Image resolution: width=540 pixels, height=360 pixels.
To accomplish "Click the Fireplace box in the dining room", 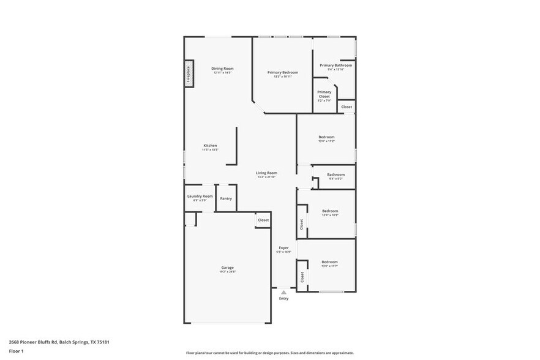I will point(189,73).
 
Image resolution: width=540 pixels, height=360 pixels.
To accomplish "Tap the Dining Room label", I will point(222,69).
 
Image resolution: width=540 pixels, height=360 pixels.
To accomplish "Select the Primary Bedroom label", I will point(282,72).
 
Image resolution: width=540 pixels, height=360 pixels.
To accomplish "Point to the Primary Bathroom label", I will point(336,65).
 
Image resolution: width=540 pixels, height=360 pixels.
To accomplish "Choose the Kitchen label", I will point(210,146).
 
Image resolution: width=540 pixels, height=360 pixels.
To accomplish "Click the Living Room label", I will point(266,173).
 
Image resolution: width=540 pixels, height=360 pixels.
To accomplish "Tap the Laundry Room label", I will point(200,196).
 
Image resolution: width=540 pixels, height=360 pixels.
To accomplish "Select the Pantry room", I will point(226,198).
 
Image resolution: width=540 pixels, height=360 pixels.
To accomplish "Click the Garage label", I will point(227,268).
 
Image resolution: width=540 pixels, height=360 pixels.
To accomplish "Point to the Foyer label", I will point(283,248).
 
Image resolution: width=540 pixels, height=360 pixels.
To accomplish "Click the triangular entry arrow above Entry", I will point(283,292).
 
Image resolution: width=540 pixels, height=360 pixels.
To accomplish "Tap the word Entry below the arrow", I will point(283,299).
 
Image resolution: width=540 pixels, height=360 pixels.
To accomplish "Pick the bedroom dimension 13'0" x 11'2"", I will point(326,141).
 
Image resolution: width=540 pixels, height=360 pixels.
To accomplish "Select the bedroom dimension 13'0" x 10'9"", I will point(330,215).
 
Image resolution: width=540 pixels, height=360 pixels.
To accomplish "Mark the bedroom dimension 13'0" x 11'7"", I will point(330,266).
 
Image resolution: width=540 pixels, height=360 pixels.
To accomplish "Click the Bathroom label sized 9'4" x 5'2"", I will point(336,174).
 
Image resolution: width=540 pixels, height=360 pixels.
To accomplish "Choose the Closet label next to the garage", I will point(263,220).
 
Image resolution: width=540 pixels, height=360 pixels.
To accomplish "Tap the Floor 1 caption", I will point(17,351).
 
